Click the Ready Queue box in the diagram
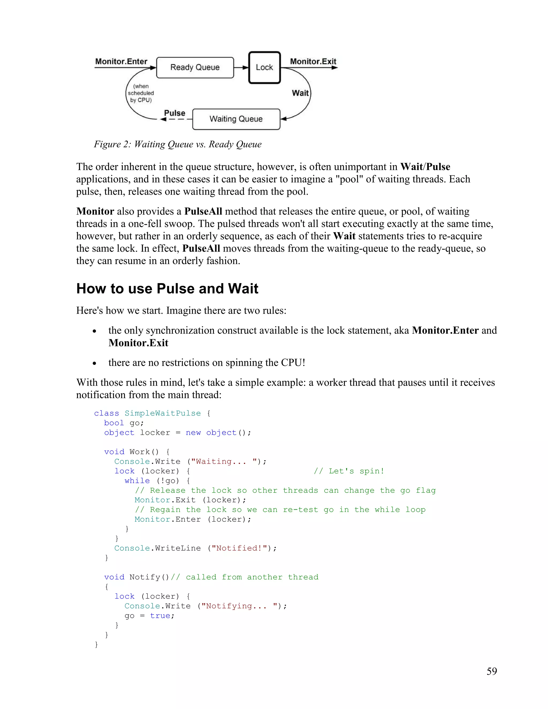(195, 67)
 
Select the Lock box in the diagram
(264, 67)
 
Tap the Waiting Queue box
(236, 119)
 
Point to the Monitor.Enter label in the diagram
(121, 61)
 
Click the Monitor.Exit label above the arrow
(313, 61)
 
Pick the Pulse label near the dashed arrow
(175, 113)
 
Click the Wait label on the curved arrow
(300, 93)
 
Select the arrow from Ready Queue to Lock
(241, 67)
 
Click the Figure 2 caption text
(178, 144)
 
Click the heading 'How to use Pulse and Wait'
(167, 289)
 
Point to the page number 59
(492, 671)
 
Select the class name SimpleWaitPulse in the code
(163, 413)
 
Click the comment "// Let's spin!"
(349, 471)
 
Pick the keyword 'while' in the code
(137, 481)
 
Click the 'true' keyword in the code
(160, 616)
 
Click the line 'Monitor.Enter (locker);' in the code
(193, 519)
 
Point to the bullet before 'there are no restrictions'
(94, 363)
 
